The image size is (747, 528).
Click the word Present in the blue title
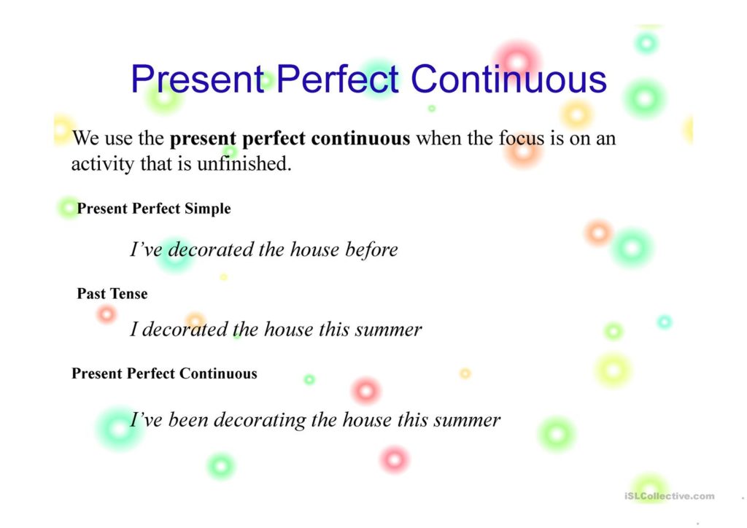pyautogui.click(x=198, y=79)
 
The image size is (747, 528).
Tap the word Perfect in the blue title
pyautogui.click(x=337, y=79)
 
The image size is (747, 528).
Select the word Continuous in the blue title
pyautogui.click(x=508, y=79)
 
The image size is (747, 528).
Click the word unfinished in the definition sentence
pyautogui.click(x=244, y=164)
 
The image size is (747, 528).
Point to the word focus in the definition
pyautogui.click(x=521, y=138)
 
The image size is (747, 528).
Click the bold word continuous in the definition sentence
pyautogui.click(x=360, y=139)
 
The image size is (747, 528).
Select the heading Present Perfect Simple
pyautogui.click(x=154, y=209)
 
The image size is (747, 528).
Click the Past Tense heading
pyautogui.click(x=112, y=294)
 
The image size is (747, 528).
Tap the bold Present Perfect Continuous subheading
pyautogui.click(x=164, y=373)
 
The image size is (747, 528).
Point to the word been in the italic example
pyautogui.click(x=188, y=420)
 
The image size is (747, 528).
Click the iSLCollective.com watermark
pyautogui.click(x=670, y=496)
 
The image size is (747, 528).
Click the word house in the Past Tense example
pyautogui.click(x=288, y=330)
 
